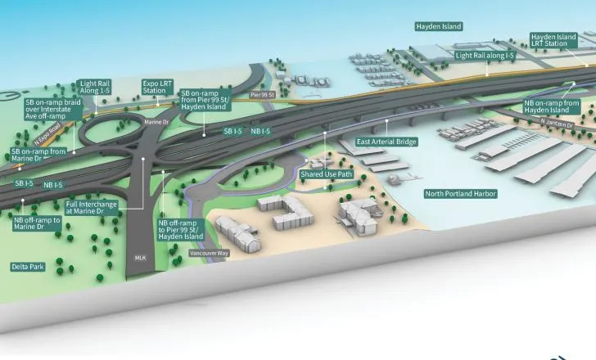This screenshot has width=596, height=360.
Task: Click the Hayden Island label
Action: [439, 26]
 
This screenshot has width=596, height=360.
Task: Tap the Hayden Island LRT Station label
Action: [553, 40]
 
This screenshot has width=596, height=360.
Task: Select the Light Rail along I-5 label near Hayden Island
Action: [485, 56]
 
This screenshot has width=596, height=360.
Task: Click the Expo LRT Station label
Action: [157, 87]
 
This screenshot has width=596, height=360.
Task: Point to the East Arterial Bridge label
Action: [386, 142]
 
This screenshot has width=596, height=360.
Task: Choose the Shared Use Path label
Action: [327, 174]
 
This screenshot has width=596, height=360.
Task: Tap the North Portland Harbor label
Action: [461, 194]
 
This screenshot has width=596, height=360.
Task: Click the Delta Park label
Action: [28, 267]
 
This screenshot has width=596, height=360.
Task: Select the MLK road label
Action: [140, 258]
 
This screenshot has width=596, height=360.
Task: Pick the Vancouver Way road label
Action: [209, 253]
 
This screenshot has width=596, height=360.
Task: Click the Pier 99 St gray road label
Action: [262, 95]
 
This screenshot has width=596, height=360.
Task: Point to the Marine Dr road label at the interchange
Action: [156, 122]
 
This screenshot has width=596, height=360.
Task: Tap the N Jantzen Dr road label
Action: [557, 123]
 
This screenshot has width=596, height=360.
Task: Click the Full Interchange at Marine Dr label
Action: [91, 208]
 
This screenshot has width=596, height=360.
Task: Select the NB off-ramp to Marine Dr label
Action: [38, 223]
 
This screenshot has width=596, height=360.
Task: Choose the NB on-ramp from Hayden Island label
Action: [552, 106]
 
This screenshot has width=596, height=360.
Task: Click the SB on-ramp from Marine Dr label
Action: [38, 155]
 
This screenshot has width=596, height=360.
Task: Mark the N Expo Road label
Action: [47, 133]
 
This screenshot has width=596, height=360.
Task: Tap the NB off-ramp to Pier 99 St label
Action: [181, 230]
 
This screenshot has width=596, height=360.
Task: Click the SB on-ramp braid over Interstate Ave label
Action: [53, 110]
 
